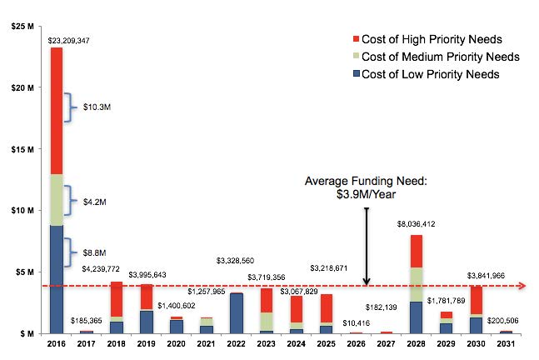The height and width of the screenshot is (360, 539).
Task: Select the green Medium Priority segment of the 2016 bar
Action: coord(56,200)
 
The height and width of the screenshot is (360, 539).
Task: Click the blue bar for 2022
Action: coord(237,312)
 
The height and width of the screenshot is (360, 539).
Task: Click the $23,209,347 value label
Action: coord(57,39)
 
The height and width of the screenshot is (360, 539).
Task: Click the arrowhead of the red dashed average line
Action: coord(522,286)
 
